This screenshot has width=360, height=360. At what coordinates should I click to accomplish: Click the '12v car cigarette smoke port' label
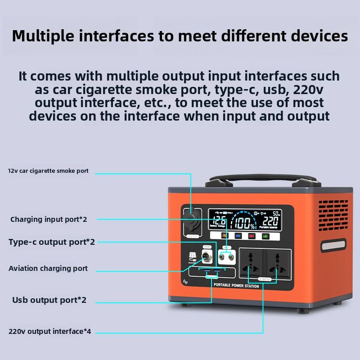pos(48,171)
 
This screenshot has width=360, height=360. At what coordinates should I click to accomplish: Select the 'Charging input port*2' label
pos(49,220)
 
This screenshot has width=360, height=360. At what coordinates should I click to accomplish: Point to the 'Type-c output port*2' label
pos(52,242)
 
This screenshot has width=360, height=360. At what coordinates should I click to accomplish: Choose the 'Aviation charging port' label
pos(48,269)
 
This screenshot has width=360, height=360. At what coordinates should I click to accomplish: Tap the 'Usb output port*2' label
pos(49,300)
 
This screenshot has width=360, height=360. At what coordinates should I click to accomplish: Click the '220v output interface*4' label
pos(50,332)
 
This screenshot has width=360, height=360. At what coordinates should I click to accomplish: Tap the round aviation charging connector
pos(207,257)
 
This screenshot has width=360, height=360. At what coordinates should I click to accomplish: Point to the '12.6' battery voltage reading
pos(219,221)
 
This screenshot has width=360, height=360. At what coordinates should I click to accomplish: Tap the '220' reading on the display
pos(270,221)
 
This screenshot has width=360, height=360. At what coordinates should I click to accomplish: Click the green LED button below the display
pos(265,236)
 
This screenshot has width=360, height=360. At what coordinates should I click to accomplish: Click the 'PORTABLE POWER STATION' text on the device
pos(236,286)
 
